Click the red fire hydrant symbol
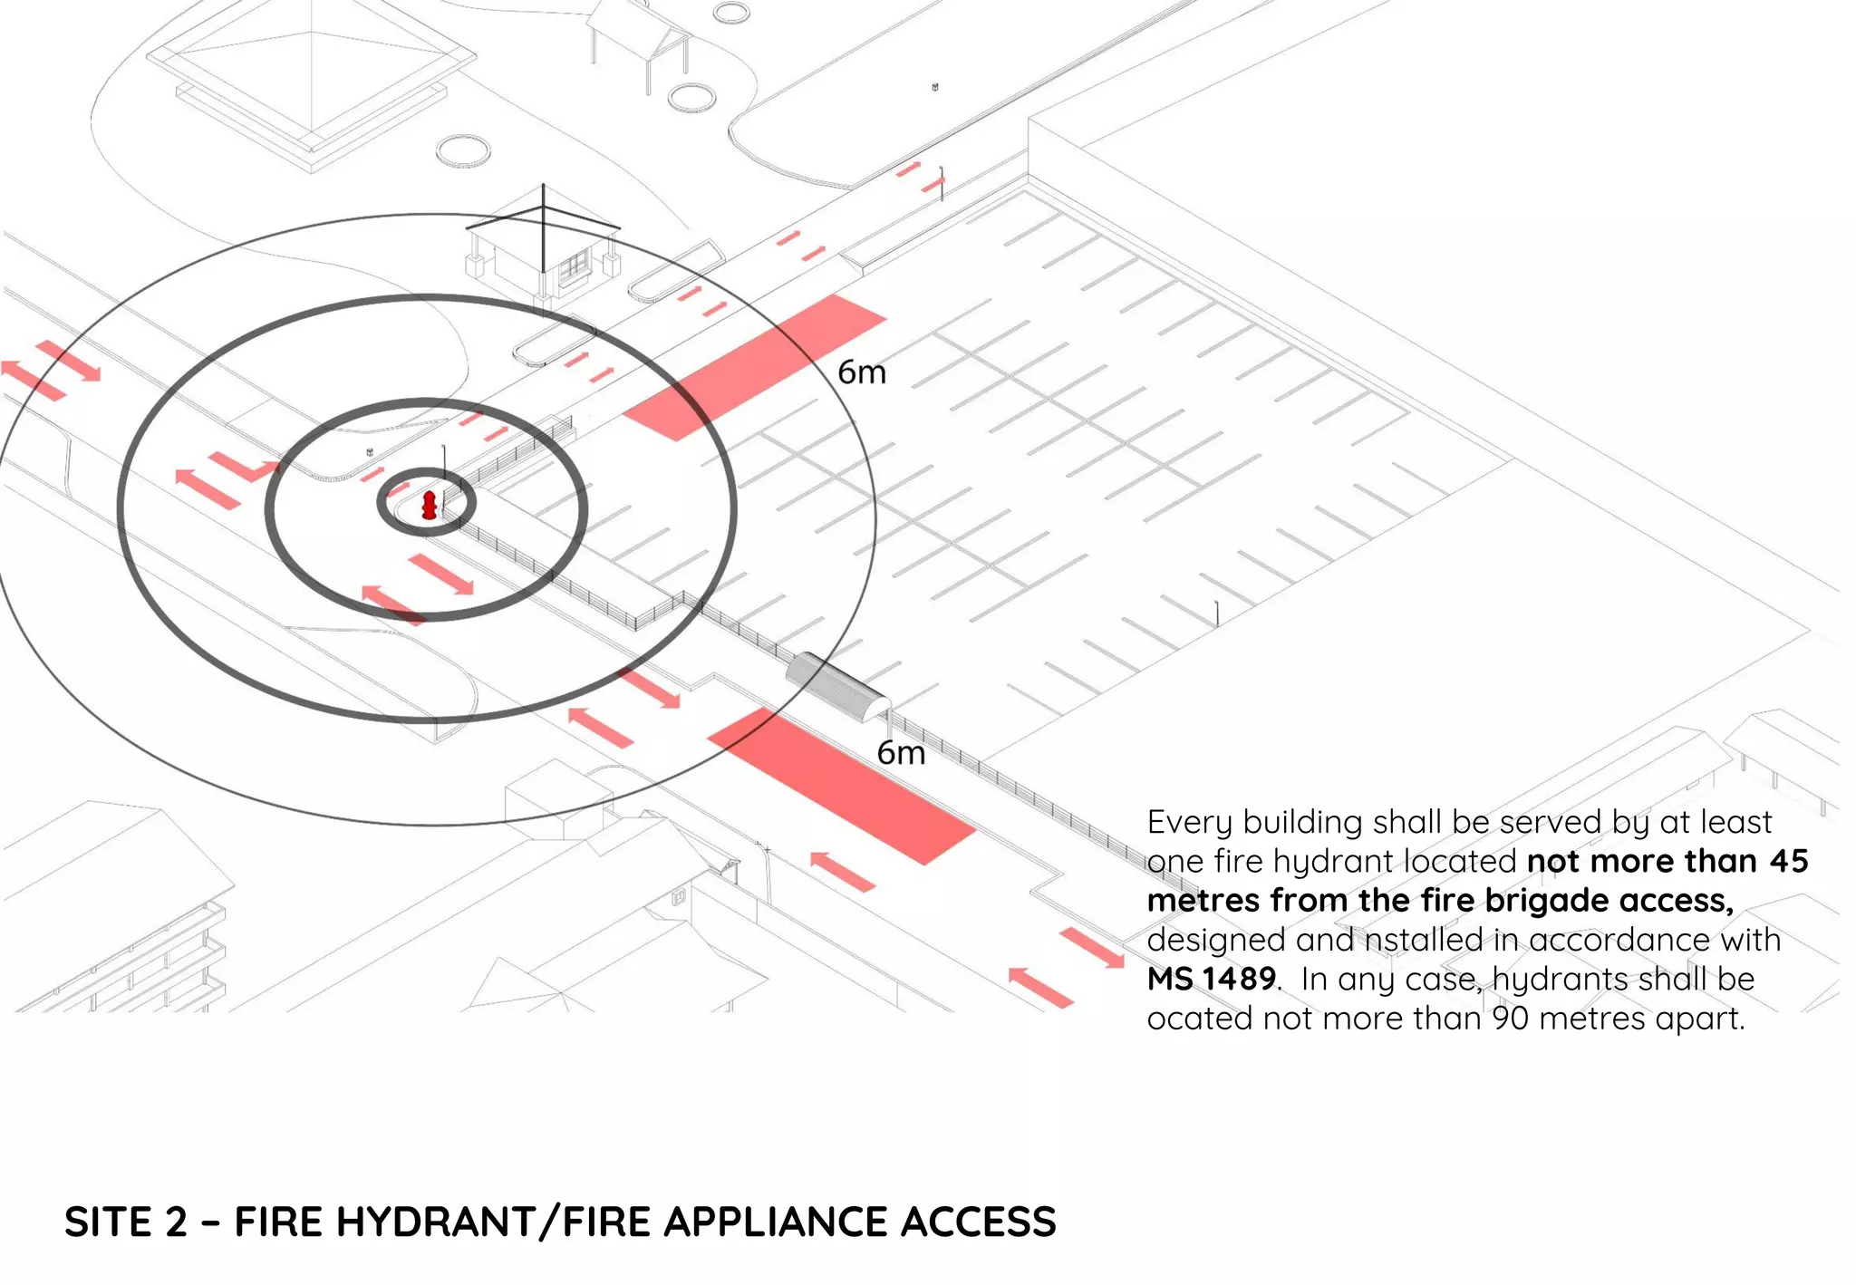[x=429, y=505]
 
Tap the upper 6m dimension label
[x=861, y=372]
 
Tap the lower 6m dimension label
[x=901, y=753]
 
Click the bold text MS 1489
[x=1212, y=979]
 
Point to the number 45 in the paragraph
[x=1788, y=861]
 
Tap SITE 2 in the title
[x=125, y=1222]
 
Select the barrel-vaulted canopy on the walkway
[x=836, y=684]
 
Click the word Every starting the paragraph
[x=1189, y=822]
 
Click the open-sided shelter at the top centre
[x=640, y=36]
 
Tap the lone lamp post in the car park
[x=1216, y=613]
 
